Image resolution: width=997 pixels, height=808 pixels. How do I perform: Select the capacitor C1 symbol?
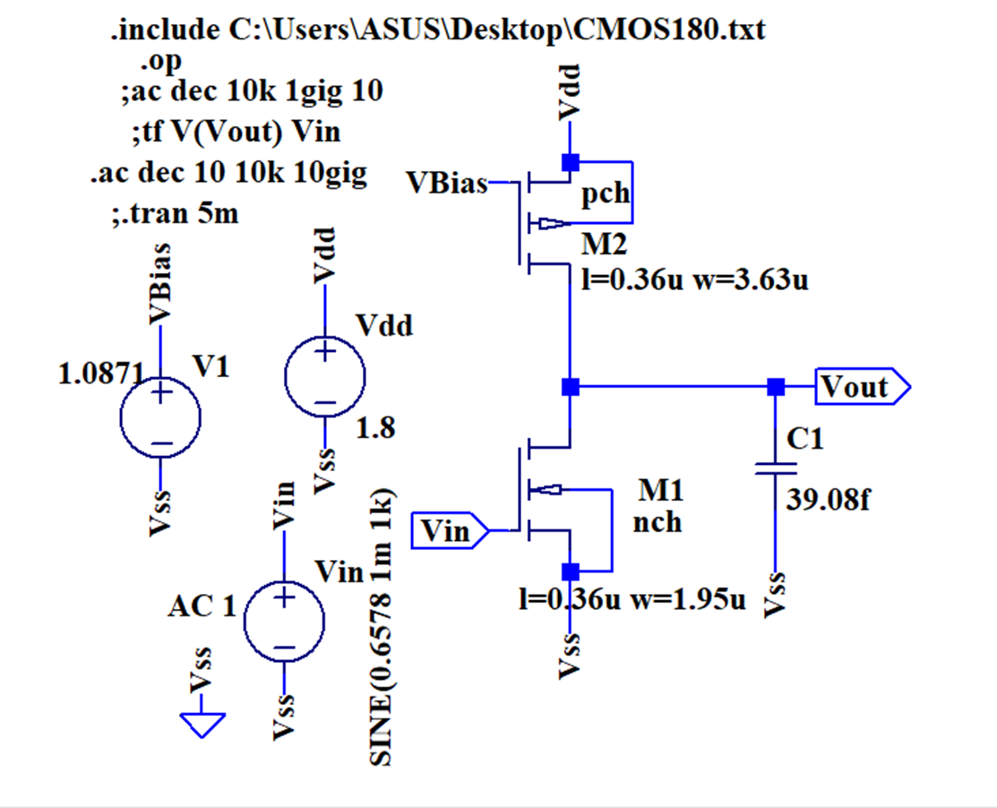(776, 468)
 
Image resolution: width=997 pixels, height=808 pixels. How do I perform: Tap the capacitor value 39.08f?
(828, 500)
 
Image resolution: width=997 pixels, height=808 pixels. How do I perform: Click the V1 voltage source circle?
(160, 417)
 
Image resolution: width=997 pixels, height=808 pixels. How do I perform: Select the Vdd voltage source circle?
(324, 377)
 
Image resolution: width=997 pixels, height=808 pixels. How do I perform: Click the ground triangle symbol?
(203, 722)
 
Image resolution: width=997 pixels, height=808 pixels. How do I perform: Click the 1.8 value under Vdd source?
(374, 428)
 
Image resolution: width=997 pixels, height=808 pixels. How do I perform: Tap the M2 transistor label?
(605, 244)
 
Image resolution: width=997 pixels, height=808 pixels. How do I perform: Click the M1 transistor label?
(660, 490)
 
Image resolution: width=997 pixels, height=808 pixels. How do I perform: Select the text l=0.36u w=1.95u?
(632, 599)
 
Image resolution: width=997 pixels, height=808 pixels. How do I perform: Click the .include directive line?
(437, 30)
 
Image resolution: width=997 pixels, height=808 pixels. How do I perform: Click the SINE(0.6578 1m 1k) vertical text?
(380, 627)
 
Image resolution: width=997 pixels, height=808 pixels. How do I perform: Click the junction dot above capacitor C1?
(776, 387)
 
